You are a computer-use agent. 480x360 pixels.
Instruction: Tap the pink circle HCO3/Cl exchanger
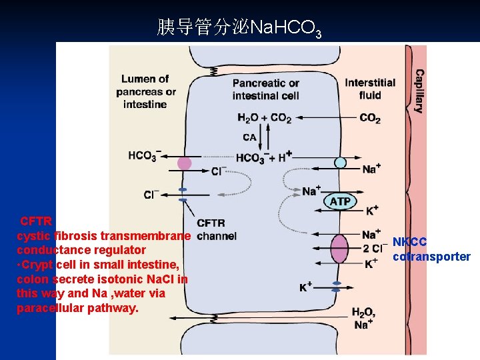coord(185,163)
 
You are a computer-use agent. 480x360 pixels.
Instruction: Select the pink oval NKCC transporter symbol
coord(340,249)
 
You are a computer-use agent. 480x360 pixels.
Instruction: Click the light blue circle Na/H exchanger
coord(340,162)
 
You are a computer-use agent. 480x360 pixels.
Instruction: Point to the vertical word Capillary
coord(419,91)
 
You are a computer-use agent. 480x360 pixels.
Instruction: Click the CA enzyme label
coord(249,137)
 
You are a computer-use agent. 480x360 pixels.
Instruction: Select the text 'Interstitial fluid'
coord(370,89)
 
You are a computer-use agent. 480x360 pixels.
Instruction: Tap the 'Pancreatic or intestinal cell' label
coord(265,89)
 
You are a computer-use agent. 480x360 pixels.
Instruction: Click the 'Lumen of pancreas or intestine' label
coord(145,91)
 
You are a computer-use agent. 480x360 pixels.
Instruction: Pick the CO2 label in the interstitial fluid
coord(370,118)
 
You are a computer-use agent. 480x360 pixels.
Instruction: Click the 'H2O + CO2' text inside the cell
coord(264,118)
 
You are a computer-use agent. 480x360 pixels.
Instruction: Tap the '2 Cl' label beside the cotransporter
coord(373,249)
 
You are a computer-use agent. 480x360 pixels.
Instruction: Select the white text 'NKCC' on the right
coord(409,241)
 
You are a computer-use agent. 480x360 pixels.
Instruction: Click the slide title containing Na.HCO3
coord(239,27)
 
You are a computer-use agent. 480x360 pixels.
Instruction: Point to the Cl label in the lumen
coord(151,195)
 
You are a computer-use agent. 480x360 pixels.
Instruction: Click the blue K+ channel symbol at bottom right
coord(336,286)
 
